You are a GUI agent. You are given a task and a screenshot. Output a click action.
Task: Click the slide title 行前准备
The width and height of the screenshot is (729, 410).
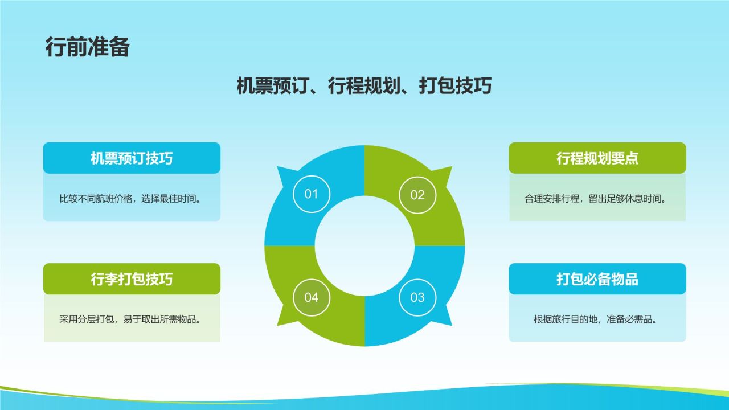87,47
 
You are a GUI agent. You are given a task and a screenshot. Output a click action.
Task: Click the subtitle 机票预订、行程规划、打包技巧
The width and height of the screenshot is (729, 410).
364,86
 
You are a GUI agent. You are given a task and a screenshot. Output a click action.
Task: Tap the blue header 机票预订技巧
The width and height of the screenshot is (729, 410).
132,158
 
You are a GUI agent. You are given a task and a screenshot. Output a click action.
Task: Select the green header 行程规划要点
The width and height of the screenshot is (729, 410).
597,158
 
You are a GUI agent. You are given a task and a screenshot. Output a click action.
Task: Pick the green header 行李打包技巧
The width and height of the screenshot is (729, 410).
132,279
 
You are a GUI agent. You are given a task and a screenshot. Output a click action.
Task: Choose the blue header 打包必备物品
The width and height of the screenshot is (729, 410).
597,279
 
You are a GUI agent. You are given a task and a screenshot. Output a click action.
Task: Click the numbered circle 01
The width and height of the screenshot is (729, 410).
312,194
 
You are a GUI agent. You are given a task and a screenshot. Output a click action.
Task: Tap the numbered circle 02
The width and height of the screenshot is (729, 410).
417,195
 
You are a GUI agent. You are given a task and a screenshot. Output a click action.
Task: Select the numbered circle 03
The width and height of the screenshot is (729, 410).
417,297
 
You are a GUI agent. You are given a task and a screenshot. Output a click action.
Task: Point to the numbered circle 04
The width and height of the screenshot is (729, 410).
312,297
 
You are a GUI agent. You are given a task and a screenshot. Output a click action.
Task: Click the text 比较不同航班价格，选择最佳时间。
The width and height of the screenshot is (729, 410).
130,199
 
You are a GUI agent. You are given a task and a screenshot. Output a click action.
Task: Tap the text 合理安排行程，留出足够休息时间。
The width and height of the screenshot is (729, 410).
596,199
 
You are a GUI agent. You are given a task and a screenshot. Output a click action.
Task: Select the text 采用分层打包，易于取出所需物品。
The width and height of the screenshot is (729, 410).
130,319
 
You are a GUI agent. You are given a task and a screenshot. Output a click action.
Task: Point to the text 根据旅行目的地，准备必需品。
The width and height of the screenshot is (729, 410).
596,319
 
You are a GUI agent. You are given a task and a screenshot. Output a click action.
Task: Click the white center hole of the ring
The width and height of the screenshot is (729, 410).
364,246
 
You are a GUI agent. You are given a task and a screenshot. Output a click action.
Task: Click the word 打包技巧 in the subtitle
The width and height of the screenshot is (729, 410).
455,86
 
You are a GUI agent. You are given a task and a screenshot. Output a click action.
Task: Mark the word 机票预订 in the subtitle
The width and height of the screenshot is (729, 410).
273,86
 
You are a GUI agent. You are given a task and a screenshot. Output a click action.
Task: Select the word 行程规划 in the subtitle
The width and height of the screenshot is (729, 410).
364,86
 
